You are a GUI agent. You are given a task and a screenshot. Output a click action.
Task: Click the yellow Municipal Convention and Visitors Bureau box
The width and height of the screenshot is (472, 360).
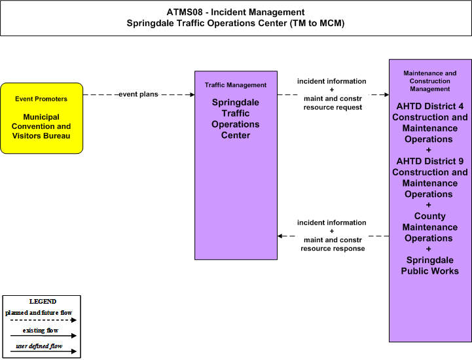[41, 118]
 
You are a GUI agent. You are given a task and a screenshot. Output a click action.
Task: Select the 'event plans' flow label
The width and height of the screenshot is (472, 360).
[139, 94]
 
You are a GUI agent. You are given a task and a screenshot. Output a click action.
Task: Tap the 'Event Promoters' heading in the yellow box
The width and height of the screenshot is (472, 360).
[41, 99]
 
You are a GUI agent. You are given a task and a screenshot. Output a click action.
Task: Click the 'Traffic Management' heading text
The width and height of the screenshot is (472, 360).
[236, 85]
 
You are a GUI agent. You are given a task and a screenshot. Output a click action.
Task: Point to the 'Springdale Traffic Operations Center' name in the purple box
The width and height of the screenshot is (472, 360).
[236, 118]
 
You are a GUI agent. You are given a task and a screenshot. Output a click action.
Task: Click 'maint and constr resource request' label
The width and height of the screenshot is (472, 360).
[333, 103]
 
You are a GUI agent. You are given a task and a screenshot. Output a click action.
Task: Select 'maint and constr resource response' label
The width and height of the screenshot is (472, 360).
[333, 244]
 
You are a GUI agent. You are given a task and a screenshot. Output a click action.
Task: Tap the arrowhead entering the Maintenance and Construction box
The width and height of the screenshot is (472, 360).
[386, 95]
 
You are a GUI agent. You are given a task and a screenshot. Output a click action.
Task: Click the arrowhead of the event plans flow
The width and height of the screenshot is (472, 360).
[192, 95]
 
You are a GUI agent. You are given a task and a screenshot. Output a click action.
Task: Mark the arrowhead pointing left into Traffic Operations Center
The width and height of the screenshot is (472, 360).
[280, 236]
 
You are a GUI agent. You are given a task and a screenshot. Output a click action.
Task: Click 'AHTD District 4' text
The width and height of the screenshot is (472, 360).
[430, 106]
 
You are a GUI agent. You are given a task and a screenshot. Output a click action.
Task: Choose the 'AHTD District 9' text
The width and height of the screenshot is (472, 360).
[430, 161]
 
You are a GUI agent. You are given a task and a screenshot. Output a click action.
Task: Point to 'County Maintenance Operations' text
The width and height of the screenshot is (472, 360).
[430, 227]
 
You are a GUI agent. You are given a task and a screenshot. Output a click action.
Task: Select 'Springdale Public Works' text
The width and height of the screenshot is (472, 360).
[430, 266]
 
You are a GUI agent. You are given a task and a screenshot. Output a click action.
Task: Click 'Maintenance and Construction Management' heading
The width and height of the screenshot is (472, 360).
[430, 81]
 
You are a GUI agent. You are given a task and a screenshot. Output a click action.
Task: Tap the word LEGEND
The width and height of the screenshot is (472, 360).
[43, 302]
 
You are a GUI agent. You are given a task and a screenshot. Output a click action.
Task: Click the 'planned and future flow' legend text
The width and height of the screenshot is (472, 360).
[39, 313]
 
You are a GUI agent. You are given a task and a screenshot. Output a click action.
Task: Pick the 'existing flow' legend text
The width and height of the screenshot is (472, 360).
[41, 331]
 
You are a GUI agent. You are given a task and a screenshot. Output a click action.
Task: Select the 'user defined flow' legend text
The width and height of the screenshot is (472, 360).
[39, 346]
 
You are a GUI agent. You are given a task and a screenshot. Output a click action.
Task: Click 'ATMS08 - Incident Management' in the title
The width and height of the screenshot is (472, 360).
[236, 12]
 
